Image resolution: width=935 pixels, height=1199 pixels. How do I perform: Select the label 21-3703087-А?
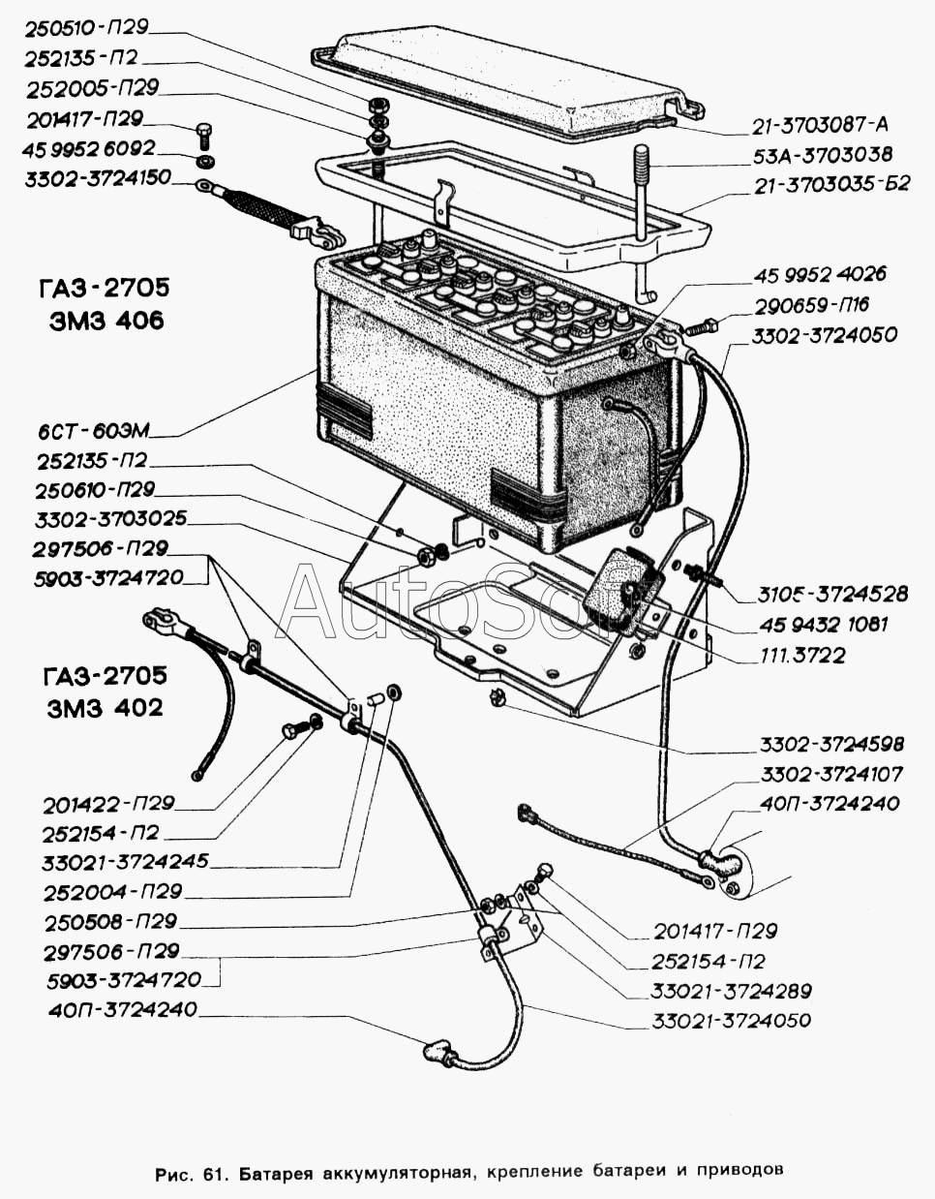click(820, 124)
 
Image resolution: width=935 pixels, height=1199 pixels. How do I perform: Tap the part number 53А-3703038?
click(822, 154)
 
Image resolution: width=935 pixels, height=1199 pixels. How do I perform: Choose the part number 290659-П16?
click(811, 304)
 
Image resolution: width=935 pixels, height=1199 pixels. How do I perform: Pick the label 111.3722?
click(801, 655)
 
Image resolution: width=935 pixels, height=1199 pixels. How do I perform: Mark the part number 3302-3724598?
click(831, 744)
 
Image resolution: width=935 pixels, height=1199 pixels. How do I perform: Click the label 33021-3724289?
click(731, 991)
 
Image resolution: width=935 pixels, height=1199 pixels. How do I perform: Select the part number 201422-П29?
click(108, 803)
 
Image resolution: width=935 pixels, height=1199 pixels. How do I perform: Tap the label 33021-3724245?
click(125, 861)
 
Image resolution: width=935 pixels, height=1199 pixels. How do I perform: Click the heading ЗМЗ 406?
click(106, 321)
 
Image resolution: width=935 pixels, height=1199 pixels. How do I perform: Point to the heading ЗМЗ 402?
click(105, 707)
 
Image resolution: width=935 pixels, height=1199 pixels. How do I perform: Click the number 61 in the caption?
click(214, 1171)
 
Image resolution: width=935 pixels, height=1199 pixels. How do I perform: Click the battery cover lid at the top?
click(503, 82)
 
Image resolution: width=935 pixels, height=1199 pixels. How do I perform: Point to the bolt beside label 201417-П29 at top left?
click(202, 131)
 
